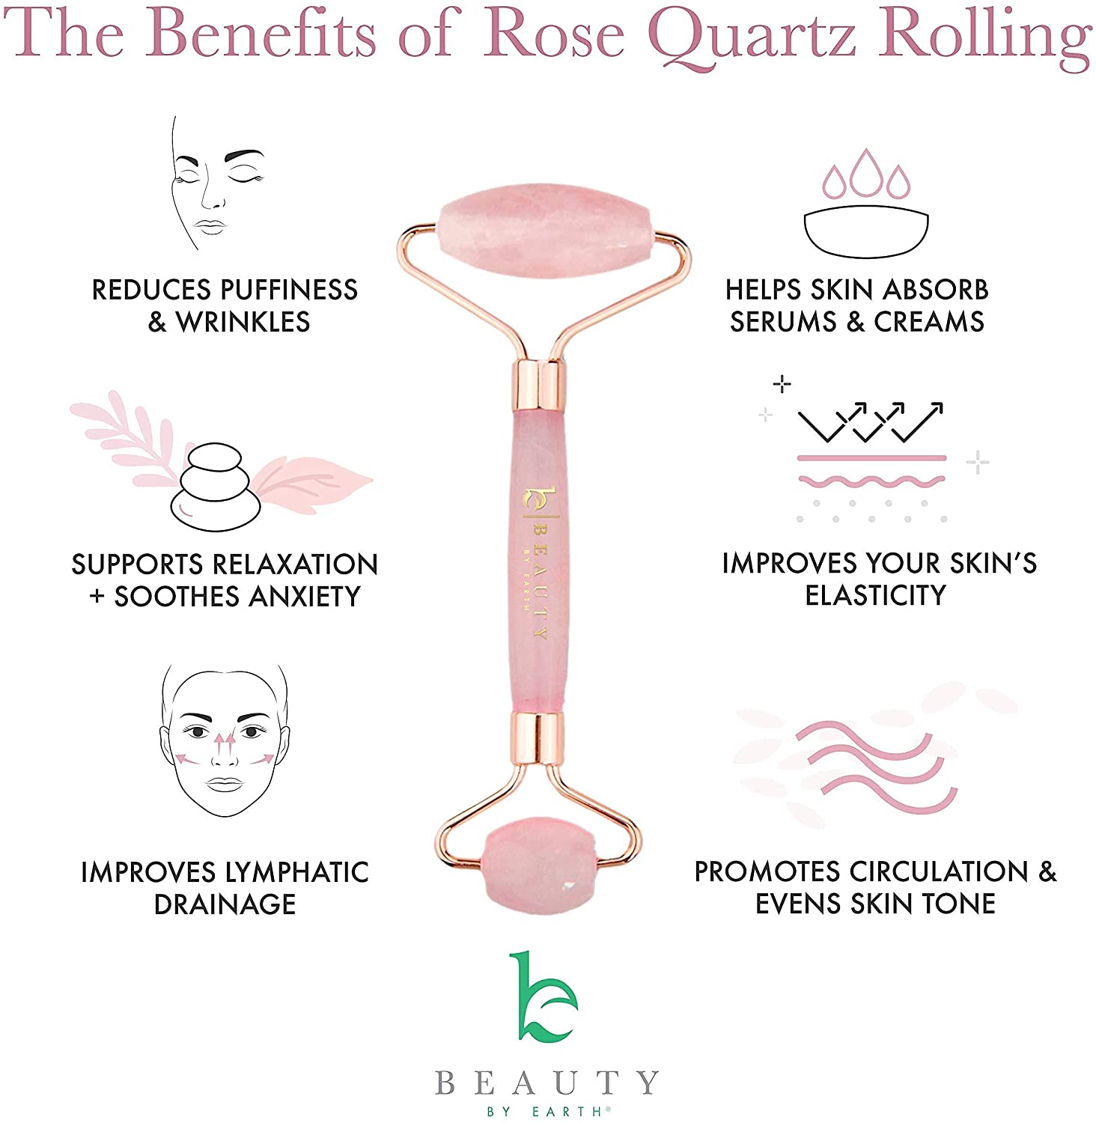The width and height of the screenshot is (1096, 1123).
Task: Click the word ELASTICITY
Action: click(x=875, y=595)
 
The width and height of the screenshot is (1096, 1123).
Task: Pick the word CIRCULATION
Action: click(x=939, y=871)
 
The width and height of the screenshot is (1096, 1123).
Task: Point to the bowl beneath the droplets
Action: click(x=866, y=234)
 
